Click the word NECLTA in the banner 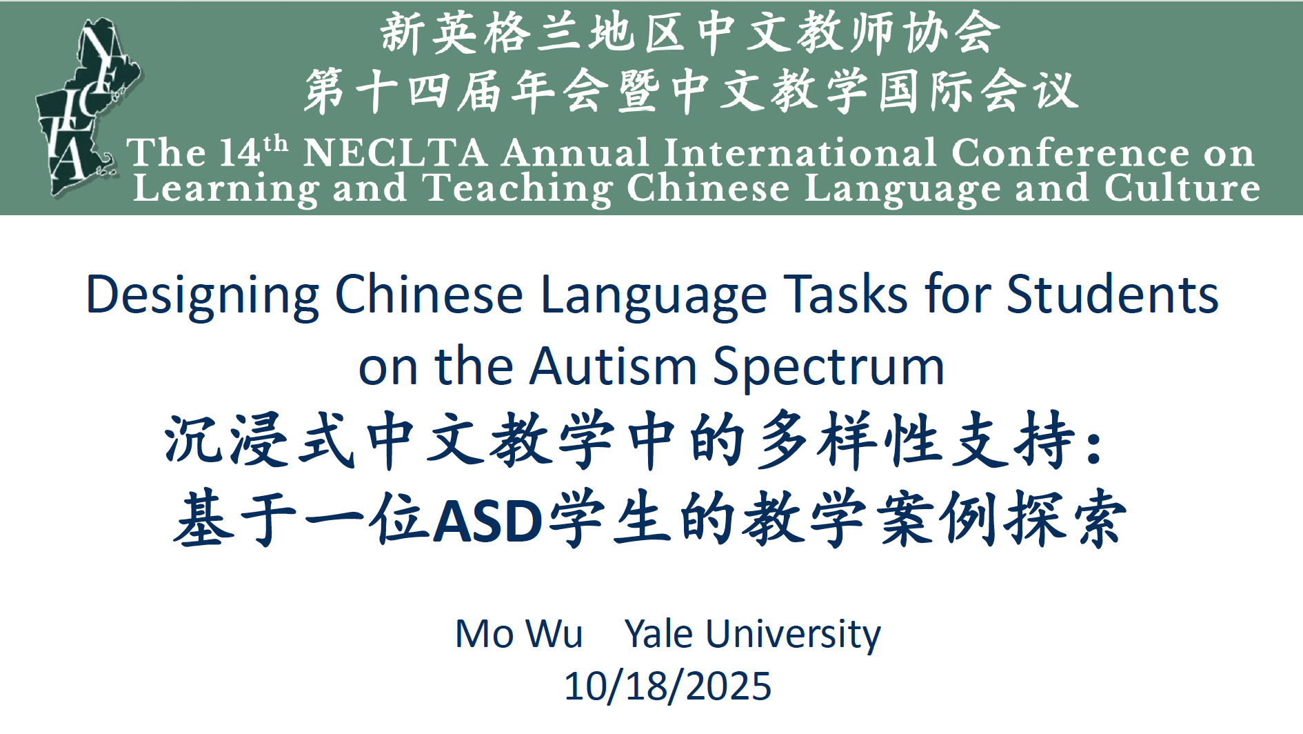pos(395,152)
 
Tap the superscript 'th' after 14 pos(276,143)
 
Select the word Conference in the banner pos(1071,152)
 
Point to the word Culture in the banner pos(1182,188)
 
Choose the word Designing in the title pos(203,295)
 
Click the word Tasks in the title pos(846,294)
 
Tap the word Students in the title pos(1113,294)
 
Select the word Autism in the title pos(613,366)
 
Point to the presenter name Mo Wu pos(519,633)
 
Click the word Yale pos(658,634)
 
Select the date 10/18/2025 pos(667,686)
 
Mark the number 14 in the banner pos(240,152)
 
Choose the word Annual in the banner pos(576,152)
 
